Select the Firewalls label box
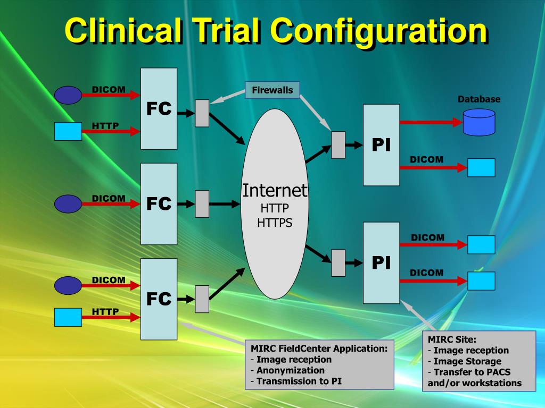[272, 90]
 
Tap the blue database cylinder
[479, 122]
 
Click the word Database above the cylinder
[479, 99]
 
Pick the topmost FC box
[159, 108]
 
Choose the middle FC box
[159, 203]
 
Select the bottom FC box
[159, 299]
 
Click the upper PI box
[381, 144]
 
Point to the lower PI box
[381, 262]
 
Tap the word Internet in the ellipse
[275, 190]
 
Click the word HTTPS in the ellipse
[275, 223]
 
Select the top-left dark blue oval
[68, 95]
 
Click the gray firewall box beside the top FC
[202, 113]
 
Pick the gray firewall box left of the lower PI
[338, 262]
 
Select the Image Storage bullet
[467, 361]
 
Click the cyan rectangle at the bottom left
[68, 317]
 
